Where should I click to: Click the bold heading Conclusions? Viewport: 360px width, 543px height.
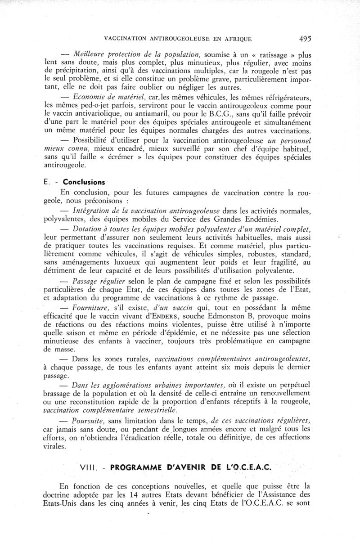click(84, 183)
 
